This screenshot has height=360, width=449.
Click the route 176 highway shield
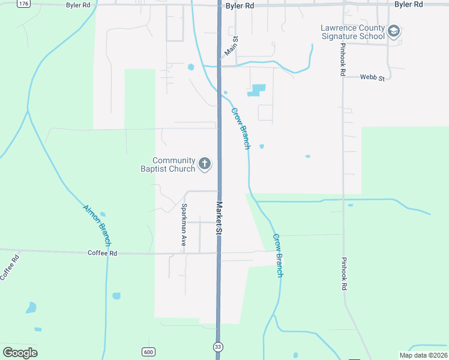point(23,4)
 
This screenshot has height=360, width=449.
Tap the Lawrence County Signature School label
point(352,32)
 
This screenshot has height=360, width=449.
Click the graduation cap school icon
point(394,31)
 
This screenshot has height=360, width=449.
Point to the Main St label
point(231,47)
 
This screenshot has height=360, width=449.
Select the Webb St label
point(372,77)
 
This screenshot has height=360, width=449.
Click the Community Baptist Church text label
point(173,164)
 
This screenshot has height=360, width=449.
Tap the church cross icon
point(205,164)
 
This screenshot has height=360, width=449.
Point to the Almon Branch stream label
point(97,226)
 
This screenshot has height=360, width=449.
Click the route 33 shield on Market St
point(218,347)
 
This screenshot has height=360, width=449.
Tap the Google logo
point(20,353)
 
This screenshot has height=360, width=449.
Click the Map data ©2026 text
point(423,355)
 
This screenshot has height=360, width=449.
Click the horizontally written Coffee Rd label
point(102,253)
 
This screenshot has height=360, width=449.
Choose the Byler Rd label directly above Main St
point(240,5)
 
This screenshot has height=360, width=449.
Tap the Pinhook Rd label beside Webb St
point(342,60)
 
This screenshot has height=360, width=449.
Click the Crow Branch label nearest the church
point(241,128)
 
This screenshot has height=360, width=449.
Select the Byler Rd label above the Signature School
point(409,4)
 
